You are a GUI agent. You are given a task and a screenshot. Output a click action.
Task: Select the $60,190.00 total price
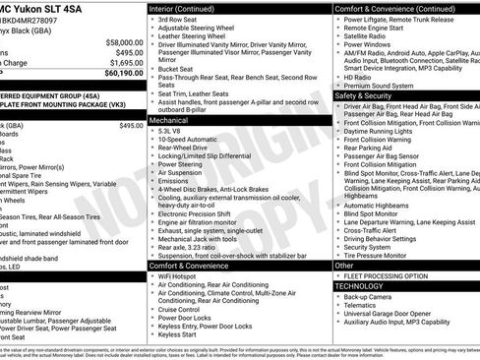[x=121, y=72]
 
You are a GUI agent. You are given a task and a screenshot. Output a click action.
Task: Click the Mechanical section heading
[x=169, y=118]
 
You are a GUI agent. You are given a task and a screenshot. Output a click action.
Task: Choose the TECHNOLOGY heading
[x=359, y=286]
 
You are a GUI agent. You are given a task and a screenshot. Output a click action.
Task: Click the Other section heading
[x=344, y=266]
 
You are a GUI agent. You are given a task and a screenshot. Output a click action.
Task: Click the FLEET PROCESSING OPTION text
[x=390, y=275]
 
